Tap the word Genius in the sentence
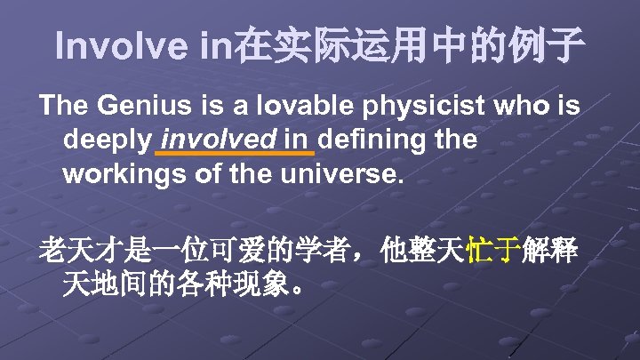142,107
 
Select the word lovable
293,107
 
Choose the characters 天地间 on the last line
104,286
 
